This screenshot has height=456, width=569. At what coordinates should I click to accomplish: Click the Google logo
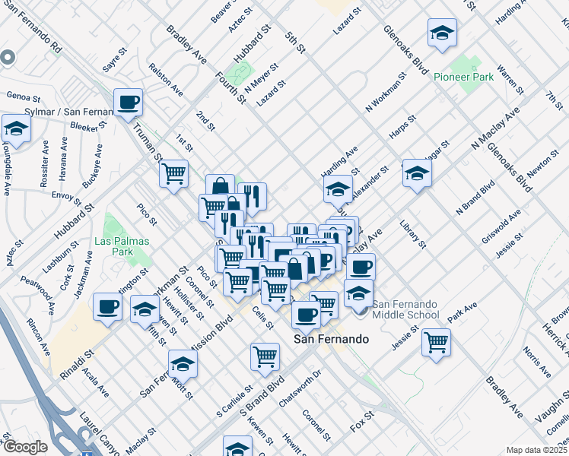(25, 447)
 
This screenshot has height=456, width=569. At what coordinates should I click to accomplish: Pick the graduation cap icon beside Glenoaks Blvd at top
(442, 33)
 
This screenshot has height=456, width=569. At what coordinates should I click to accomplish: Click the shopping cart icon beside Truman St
(173, 173)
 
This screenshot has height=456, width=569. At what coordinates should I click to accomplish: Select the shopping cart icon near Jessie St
(436, 341)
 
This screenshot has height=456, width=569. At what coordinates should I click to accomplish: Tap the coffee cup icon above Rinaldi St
(107, 307)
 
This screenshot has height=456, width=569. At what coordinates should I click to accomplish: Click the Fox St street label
(361, 417)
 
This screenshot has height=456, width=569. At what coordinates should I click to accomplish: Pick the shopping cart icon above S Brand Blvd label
(265, 355)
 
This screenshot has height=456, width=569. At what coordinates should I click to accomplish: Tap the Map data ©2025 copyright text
(537, 450)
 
